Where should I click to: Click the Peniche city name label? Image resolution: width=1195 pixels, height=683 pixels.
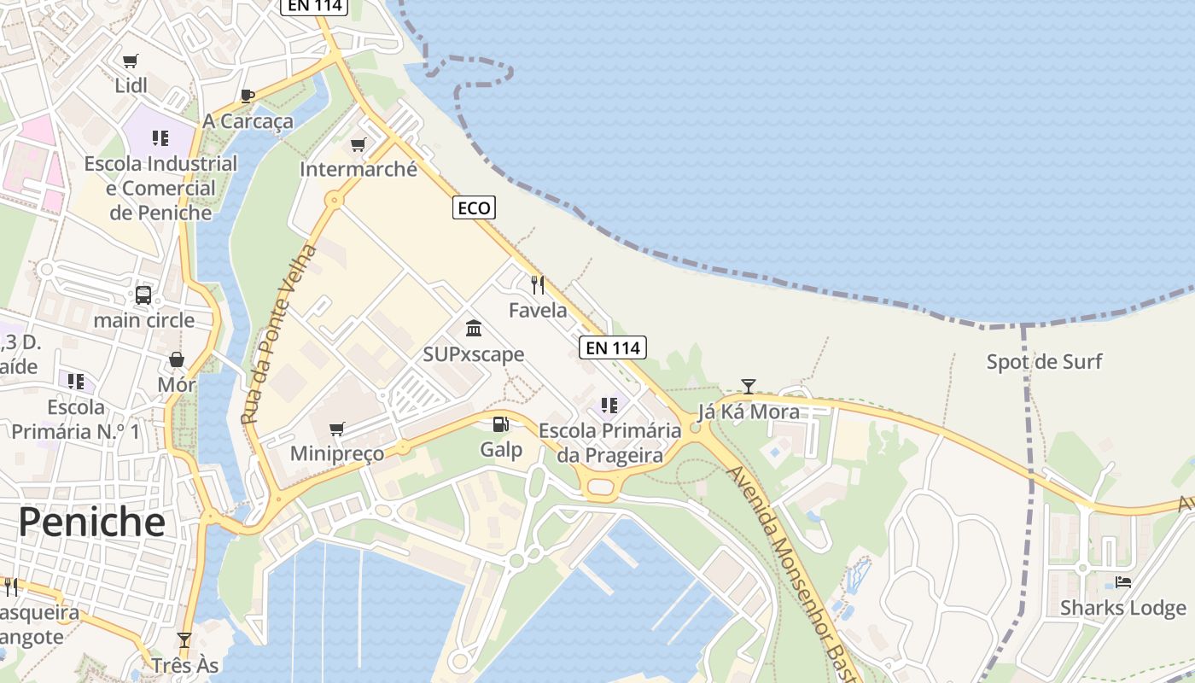pyautogui.click(x=92, y=522)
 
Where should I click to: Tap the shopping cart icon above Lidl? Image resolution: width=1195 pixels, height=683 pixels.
pyautogui.click(x=131, y=61)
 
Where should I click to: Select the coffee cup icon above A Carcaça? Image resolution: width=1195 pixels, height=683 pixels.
pyautogui.click(x=248, y=96)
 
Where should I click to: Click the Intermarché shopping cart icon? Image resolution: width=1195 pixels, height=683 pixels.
pyautogui.click(x=358, y=144)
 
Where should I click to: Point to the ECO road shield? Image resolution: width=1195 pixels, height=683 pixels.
pyautogui.click(x=474, y=207)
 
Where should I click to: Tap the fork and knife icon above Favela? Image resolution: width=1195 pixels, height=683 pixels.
pyautogui.click(x=538, y=284)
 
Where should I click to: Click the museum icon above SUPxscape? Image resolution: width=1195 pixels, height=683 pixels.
pyautogui.click(x=474, y=329)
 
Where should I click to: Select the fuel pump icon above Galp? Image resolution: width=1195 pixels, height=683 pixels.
pyautogui.click(x=501, y=423)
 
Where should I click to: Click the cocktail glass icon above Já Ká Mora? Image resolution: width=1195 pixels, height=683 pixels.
pyautogui.click(x=749, y=386)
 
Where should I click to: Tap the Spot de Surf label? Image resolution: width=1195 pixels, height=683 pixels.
pyautogui.click(x=1044, y=362)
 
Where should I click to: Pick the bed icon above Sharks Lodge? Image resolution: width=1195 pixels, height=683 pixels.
pyautogui.click(x=1123, y=582)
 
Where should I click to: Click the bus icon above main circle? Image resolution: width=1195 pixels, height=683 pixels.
pyautogui.click(x=143, y=295)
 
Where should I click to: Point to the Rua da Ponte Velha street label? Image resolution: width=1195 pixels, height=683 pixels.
pyautogui.click(x=278, y=335)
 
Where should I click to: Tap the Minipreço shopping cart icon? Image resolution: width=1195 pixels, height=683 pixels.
pyautogui.click(x=337, y=428)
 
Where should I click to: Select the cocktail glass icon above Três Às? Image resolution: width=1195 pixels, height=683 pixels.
pyautogui.click(x=184, y=640)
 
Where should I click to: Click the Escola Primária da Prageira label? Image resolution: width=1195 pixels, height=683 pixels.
pyautogui.click(x=609, y=443)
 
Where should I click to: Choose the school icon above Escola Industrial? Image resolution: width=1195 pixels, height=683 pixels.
pyautogui.click(x=160, y=137)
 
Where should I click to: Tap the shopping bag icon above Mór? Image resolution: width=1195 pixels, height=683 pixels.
pyautogui.click(x=177, y=359)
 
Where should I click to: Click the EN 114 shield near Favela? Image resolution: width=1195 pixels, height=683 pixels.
pyautogui.click(x=612, y=347)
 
